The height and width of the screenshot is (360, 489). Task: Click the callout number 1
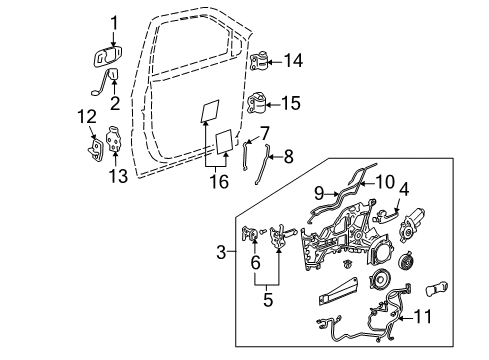click(x=113, y=20)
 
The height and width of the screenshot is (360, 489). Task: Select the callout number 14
click(x=292, y=60)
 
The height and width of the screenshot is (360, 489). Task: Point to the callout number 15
click(x=292, y=103)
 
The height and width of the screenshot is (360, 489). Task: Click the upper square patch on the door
click(x=211, y=107)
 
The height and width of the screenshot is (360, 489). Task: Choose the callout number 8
click(x=289, y=155)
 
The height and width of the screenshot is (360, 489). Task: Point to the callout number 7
click(x=265, y=133)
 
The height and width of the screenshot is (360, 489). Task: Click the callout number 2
click(x=114, y=100)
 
